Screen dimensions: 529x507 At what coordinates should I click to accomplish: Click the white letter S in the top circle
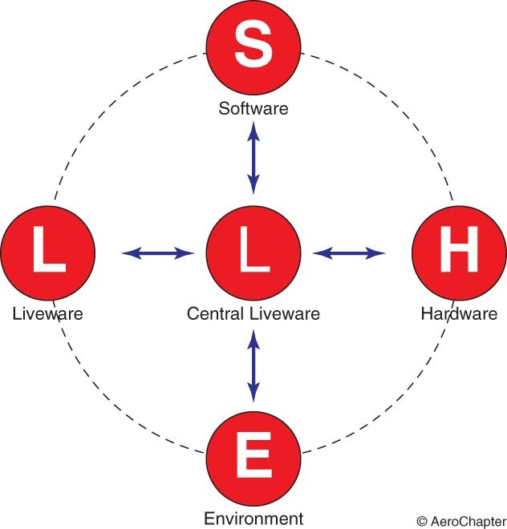253,49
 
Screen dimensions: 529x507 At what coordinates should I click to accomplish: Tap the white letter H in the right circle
458,252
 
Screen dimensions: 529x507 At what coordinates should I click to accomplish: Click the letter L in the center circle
253,252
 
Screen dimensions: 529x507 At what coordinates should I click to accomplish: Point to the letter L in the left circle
48,252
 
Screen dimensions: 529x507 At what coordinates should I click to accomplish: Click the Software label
253,108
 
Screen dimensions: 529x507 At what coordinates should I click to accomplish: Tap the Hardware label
459,313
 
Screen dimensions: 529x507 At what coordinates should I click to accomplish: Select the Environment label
253,518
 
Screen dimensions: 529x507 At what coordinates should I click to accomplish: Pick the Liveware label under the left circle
48,313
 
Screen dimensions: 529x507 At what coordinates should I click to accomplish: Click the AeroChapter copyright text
460,519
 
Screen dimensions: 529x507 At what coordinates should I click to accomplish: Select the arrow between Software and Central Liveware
253,160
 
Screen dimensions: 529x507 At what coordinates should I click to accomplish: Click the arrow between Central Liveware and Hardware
348,253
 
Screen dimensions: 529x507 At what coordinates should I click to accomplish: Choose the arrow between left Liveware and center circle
158,253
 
